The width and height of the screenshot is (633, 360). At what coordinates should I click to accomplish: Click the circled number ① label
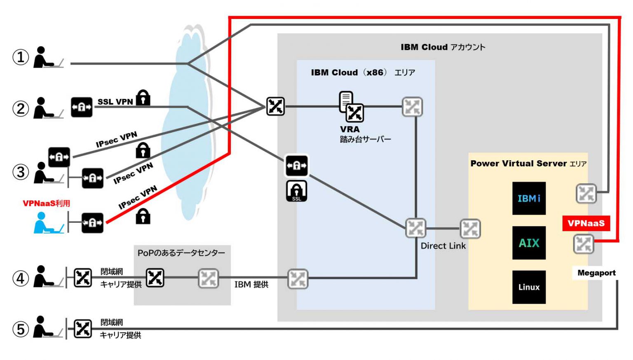20,57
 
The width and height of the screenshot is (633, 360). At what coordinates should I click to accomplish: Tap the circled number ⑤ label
20,329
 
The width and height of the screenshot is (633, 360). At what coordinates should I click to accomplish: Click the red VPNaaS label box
586,223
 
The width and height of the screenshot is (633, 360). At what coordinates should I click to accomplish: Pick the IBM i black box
529,198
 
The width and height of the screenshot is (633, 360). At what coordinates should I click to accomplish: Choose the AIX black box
529,243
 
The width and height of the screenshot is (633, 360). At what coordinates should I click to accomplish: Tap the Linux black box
529,287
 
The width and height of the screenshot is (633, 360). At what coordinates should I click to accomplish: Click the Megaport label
596,273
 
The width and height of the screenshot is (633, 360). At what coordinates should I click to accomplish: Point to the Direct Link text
443,246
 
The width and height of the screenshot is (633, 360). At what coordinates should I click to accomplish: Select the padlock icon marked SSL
296,191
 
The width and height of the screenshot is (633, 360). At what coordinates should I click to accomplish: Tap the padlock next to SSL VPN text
143,98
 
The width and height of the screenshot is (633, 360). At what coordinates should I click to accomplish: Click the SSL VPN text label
115,102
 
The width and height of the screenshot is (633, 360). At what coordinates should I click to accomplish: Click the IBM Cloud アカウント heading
443,47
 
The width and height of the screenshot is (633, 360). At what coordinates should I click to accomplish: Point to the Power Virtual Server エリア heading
528,164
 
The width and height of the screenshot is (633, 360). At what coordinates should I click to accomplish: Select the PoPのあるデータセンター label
181,252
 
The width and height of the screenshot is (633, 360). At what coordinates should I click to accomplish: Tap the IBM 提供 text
251,284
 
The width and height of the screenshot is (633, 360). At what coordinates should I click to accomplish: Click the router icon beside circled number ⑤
83,329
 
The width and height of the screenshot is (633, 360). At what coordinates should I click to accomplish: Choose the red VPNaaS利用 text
46,203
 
